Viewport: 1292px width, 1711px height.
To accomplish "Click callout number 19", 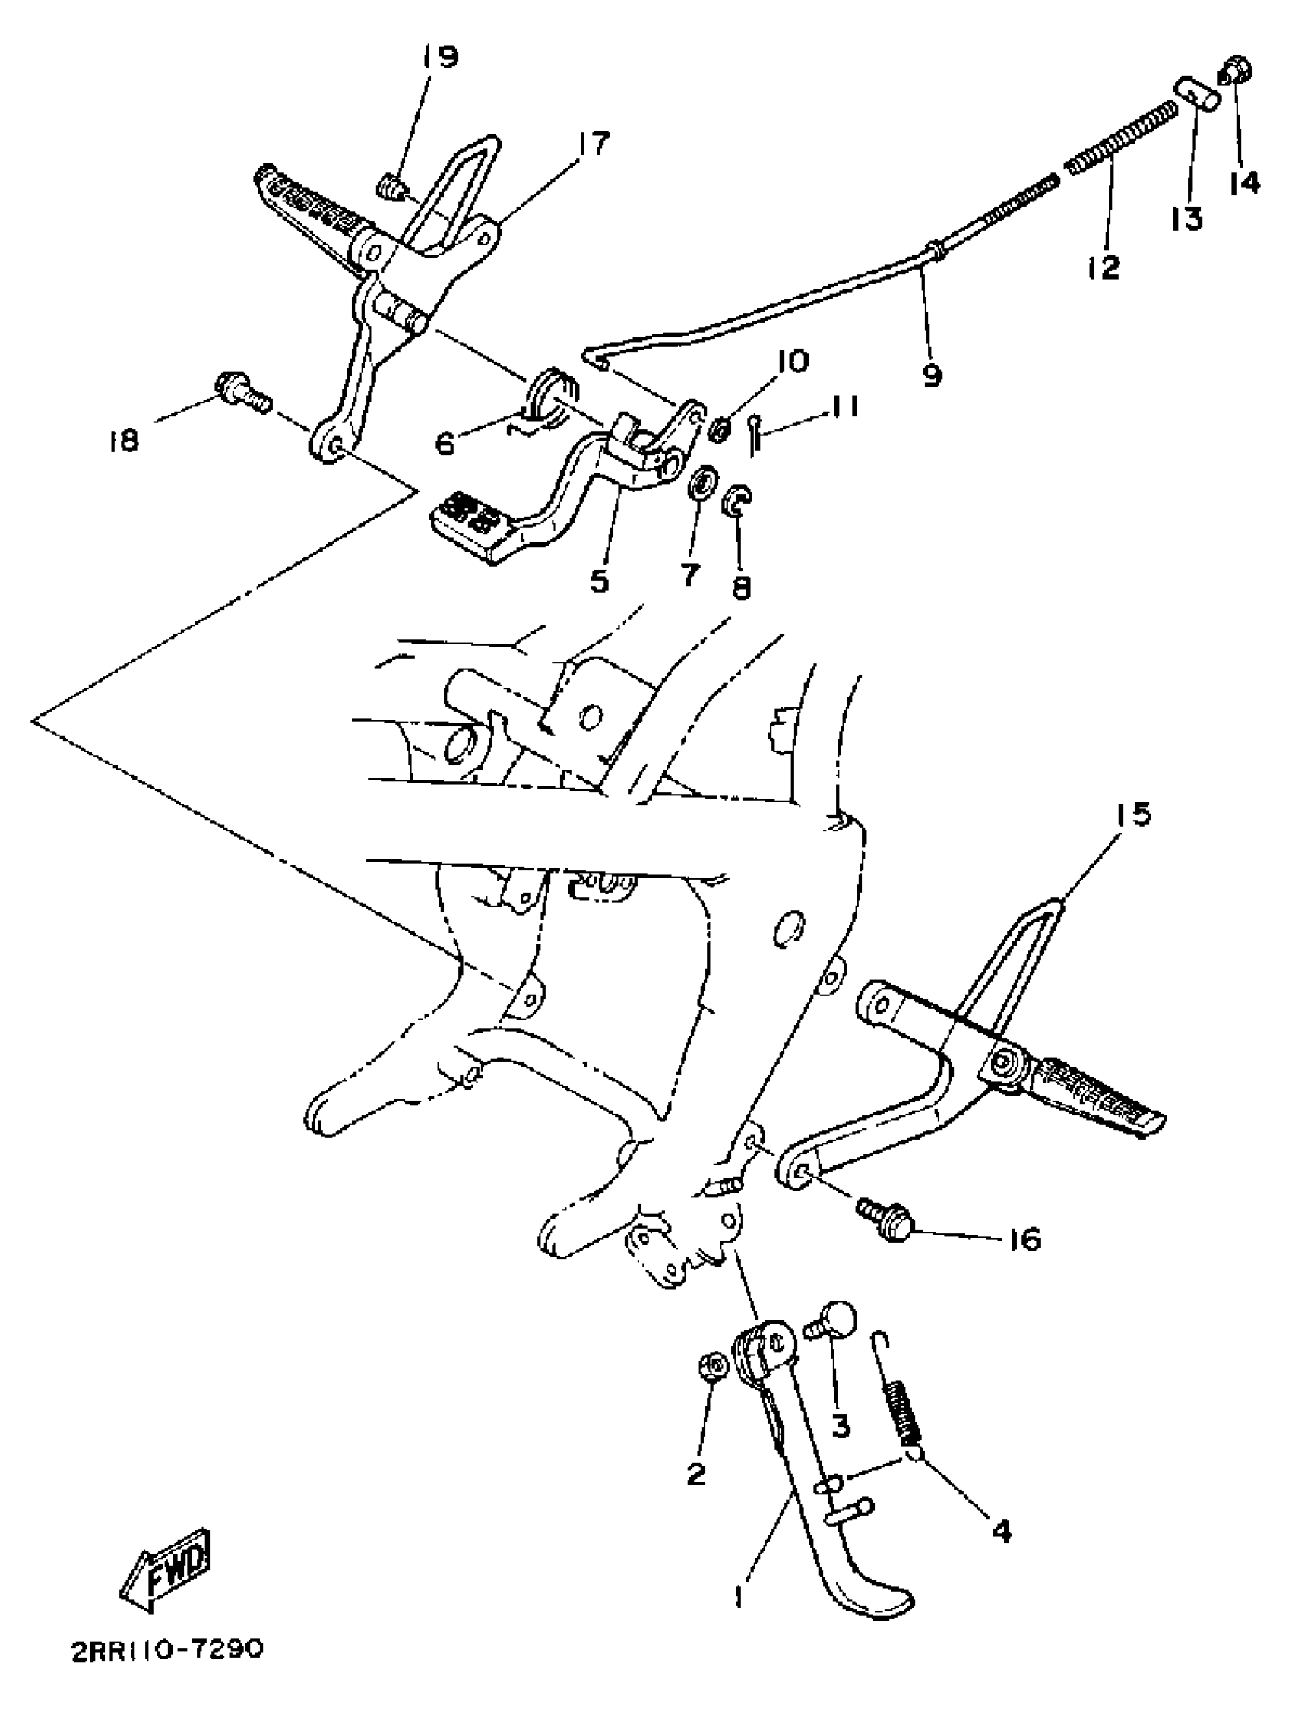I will point(439,57).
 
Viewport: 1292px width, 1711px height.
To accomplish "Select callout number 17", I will point(593,144).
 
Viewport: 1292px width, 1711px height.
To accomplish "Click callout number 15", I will point(1132,814).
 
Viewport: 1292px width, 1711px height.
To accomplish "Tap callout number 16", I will point(1026,1240).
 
